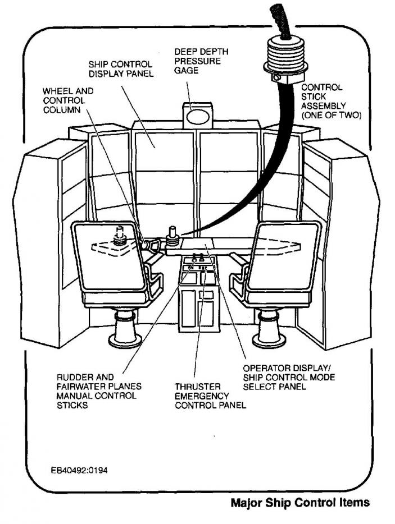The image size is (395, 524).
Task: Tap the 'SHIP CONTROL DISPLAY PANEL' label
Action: (120, 69)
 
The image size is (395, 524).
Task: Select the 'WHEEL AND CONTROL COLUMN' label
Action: (69, 100)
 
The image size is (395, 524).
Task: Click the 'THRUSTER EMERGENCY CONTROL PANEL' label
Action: (210, 396)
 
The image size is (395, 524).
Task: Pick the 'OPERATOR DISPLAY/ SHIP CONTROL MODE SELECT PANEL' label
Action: (289, 377)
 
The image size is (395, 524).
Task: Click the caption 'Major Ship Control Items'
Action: (300, 503)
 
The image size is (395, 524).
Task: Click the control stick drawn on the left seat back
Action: (120, 236)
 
